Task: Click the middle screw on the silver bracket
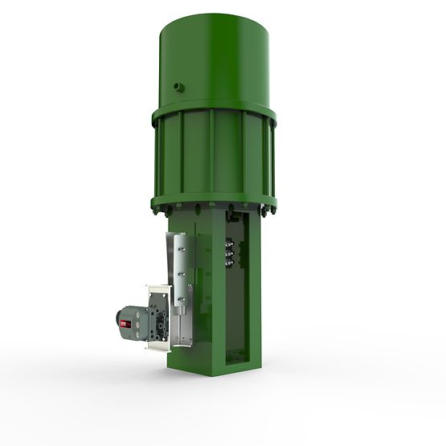182,272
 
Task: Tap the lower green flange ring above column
214,205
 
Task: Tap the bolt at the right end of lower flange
270,212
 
